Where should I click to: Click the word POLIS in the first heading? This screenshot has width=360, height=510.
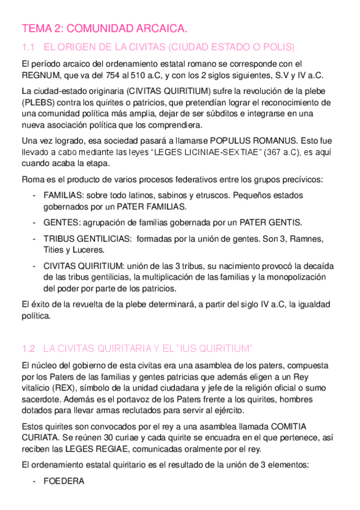(x=278, y=47)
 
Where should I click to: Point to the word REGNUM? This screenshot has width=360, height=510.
(x=40, y=75)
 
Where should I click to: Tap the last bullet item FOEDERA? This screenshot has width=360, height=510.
(x=64, y=481)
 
